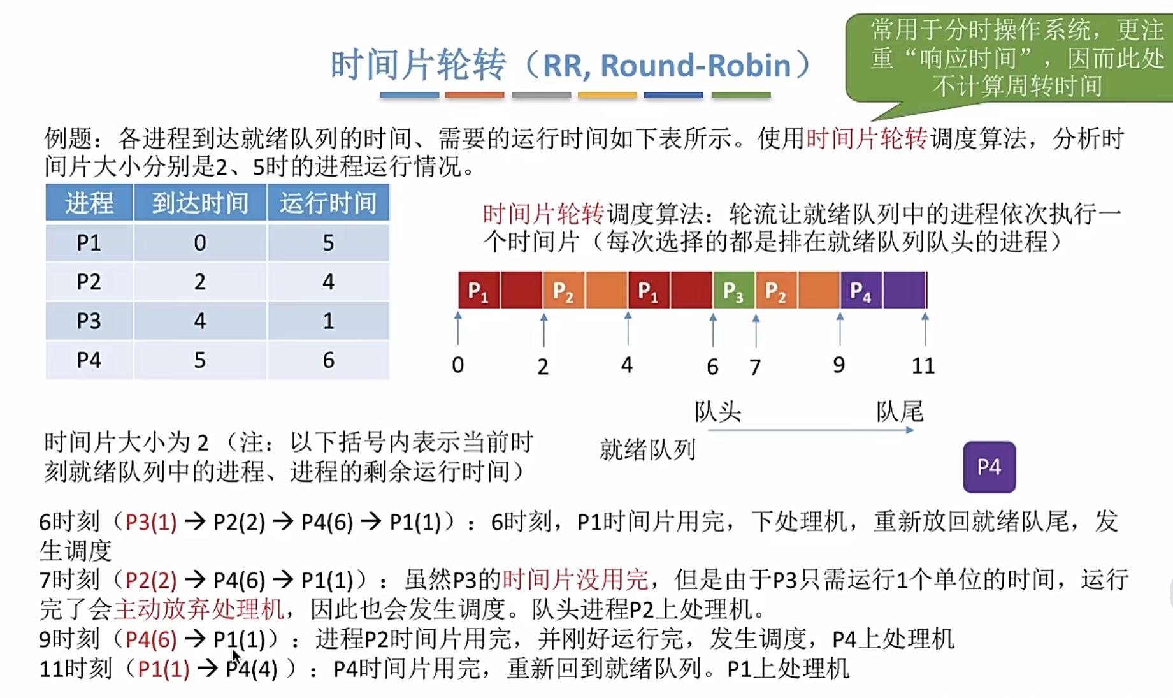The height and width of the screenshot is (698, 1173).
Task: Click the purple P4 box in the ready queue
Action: tap(989, 467)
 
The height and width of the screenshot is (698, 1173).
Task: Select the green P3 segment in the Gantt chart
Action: tap(733, 291)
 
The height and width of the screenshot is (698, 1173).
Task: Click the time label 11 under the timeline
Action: tap(923, 366)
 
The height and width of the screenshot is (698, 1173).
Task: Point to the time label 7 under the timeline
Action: tap(755, 367)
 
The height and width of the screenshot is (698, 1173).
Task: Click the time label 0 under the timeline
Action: tap(457, 365)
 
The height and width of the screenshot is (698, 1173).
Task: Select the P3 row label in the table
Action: tap(89, 321)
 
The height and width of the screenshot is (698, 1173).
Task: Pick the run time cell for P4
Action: tap(328, 360)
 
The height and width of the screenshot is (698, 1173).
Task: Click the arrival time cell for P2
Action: tap(199, 282)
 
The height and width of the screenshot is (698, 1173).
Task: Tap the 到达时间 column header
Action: tap(199, 203)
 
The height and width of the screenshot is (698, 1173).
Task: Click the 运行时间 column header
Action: tap(328, 203)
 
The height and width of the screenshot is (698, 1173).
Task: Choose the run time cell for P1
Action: tap(328, 243)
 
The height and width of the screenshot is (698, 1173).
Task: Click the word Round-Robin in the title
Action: tap(695, 66)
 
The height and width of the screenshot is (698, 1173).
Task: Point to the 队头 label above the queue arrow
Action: tap(717, 412)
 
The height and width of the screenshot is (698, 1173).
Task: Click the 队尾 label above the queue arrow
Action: tap(899, 412)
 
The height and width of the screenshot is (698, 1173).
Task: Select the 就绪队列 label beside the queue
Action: tap(647, 450)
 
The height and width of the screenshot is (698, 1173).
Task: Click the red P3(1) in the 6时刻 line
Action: tap(151, 522)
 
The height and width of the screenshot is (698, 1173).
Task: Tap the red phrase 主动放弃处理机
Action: tap(199, 609)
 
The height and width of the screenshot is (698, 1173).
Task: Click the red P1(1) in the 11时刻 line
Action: tap(163, 669)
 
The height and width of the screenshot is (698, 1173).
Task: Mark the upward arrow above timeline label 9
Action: tap(840, 329)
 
